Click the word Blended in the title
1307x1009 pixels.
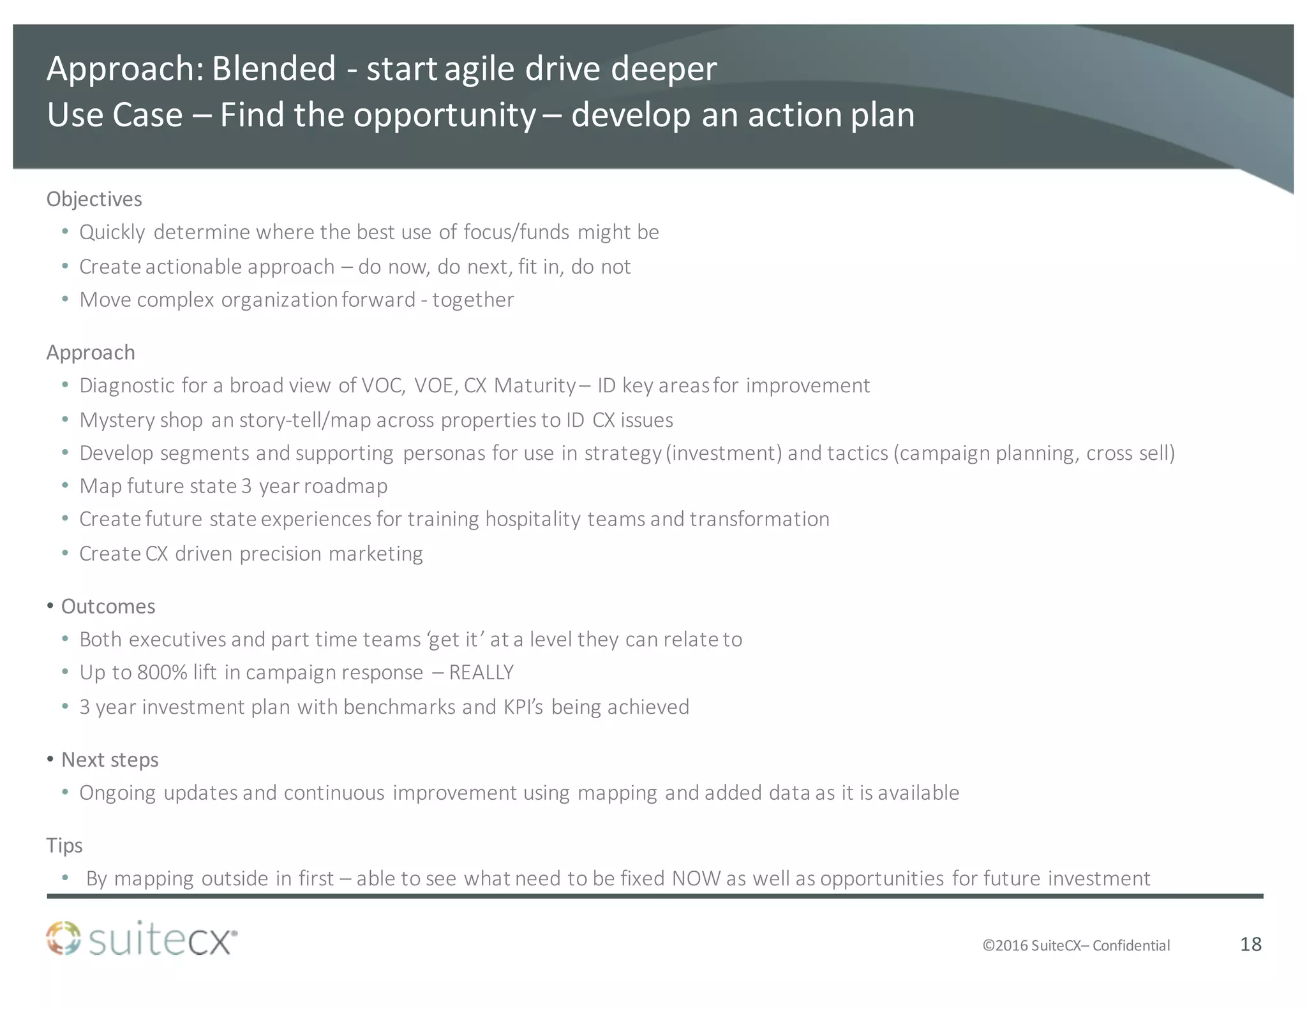273,68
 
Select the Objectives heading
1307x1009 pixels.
94,199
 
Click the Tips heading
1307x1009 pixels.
64,845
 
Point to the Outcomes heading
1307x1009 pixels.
108,606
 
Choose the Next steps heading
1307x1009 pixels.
110,760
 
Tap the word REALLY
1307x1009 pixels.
482,673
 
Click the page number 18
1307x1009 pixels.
1250,944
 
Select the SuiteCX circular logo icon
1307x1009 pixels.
64,939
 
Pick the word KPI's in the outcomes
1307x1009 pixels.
523,707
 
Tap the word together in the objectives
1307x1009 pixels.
473,300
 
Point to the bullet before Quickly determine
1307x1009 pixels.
65,232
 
